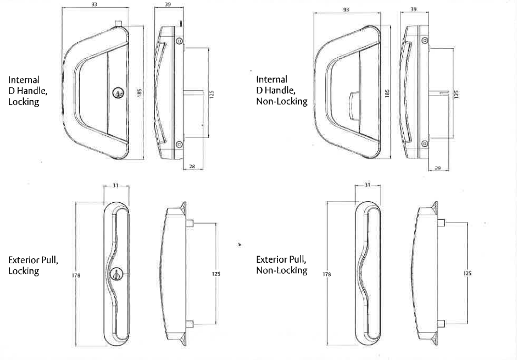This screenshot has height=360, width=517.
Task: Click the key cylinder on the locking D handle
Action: pyautogui.click(x=117, y=93)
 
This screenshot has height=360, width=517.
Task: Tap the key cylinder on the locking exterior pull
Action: pyautogui.click(x=116, y=274)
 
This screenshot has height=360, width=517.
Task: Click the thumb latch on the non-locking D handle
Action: pyautogui.click(x=354, y=106)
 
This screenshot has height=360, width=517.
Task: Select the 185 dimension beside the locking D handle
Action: pyautogui.click(x=140, y=92)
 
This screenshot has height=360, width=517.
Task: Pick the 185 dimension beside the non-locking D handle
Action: pyautogui.click(x=387, y=93)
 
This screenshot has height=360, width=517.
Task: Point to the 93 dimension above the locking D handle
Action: pyautogui.click(x=94, y=4)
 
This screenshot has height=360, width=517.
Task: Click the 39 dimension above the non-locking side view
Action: pyautogui.click(x=414, y=9)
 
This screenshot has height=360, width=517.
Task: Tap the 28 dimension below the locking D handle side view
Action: pyautogui.click(x=192, y=167)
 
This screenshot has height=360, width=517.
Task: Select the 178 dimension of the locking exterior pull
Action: pyautogui.click(x=76, y=275)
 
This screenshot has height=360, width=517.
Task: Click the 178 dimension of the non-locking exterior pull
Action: pyautogui.click(x=327, y=274)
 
